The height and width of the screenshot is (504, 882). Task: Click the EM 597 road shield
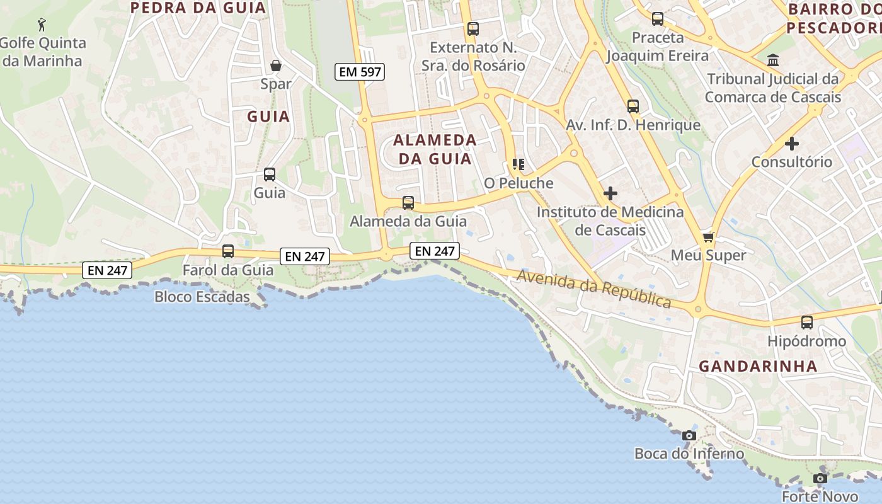tap(360, 72)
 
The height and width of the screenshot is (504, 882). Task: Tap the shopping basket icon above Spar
tap(276, 66)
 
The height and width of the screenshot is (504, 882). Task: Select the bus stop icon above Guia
tap(270, 175)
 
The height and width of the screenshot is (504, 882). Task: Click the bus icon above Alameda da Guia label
tap(408, 203)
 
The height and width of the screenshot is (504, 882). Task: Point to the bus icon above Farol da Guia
tap(228, 251)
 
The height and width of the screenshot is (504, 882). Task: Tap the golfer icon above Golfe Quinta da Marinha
tap(42, 25)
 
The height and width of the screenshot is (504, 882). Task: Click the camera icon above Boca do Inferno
tap(689, 435)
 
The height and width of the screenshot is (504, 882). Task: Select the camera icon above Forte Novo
tap(820, 478)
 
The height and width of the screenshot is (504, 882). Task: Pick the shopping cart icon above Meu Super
tap(708, 238)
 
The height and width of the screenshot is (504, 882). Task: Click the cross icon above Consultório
tap(791, 144)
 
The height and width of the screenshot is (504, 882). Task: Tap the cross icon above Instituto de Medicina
tap(610, 193)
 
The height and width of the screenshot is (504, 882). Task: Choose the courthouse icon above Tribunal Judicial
tap(772, 60)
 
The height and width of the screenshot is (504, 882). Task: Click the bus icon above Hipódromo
tap(806, 323)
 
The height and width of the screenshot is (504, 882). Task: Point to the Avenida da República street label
tap(594, 289)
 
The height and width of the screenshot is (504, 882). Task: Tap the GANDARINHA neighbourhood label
tap(758, 366)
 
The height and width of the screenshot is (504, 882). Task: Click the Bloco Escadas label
tap(202, 297)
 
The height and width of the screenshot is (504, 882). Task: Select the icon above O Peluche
tap(518, 165)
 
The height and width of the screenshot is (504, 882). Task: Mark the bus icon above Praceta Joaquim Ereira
tap(658, 19)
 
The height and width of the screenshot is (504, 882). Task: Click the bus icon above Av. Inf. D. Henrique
tap(633, 106)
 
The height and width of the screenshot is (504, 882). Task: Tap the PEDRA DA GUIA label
tap(198, 8)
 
